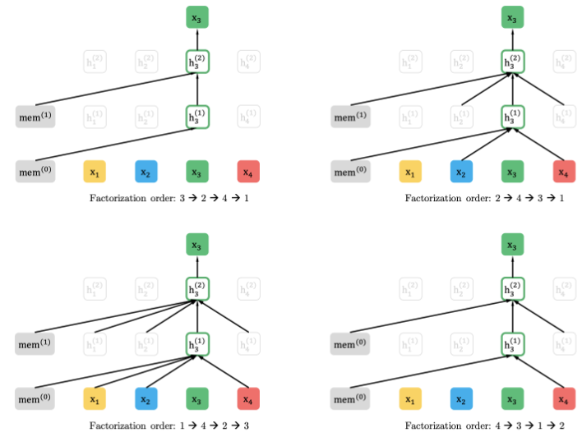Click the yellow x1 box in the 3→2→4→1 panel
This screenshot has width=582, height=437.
pyautogui.click(x=95, y=172)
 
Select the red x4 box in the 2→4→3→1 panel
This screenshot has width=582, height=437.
pyautogui.click(x=564, y=172)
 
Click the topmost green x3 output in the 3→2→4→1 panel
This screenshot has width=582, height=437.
pyautogui.click(x=197, y=18)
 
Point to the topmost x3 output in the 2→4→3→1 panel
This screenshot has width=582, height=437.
pyautogui.click(x=513, y=18)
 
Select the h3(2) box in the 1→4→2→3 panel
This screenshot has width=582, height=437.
pyautogui.click(x=197, y=288)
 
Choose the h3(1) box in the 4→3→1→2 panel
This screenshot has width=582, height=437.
pyautogui.click(x=513, y=343)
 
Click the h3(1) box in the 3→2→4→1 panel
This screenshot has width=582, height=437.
pyautogui.click(x=197, y=117)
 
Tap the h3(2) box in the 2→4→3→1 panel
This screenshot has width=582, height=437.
pyautogui.click(x=513, y=62)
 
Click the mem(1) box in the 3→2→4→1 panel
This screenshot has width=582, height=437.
pyautogui.click(x=35, y=117)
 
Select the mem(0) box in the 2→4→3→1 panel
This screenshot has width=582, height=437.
pyautogui.click(x=350, y=172)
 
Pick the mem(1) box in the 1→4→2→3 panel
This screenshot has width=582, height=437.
pyautogui.click(x=35, y=343)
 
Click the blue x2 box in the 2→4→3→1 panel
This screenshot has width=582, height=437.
pyautogui.click(x=462, y=172)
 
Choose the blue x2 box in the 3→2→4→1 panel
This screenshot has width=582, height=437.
pyautogui.click(x=146, y=172)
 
